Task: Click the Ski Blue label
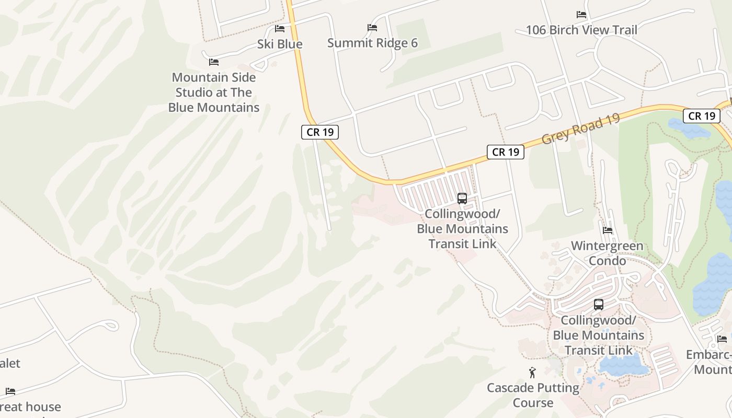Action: [x=280, y=44]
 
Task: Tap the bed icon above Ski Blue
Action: [x=280, y=28]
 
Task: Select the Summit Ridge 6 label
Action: [x=372, y=43]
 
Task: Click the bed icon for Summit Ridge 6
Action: [x=372, y=27]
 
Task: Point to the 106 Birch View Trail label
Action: [x=581, y=30]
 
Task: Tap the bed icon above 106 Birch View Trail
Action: [x=581, y=14]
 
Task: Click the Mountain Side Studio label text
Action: [x=214, y=92]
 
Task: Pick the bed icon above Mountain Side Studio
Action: [x=214, y=62]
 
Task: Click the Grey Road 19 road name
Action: [x=581, y=129]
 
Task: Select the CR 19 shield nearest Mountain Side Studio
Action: [x=320, y=132]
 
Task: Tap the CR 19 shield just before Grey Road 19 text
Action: [x=506, y=152]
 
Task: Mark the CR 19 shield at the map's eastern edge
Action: [x=701, y=116]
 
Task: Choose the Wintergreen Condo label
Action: [x=607, y=253]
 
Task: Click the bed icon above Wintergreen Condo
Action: [x=608, y=230]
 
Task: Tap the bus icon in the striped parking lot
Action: [x=462, y=198]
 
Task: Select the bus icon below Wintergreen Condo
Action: [x=599, y=304]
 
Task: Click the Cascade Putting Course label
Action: [x=533, y=395]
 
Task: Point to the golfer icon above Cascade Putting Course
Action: [x=533, y=373]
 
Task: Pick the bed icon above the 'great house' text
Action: [x=10, y=391]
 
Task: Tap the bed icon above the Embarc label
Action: [x=722, y=339]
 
